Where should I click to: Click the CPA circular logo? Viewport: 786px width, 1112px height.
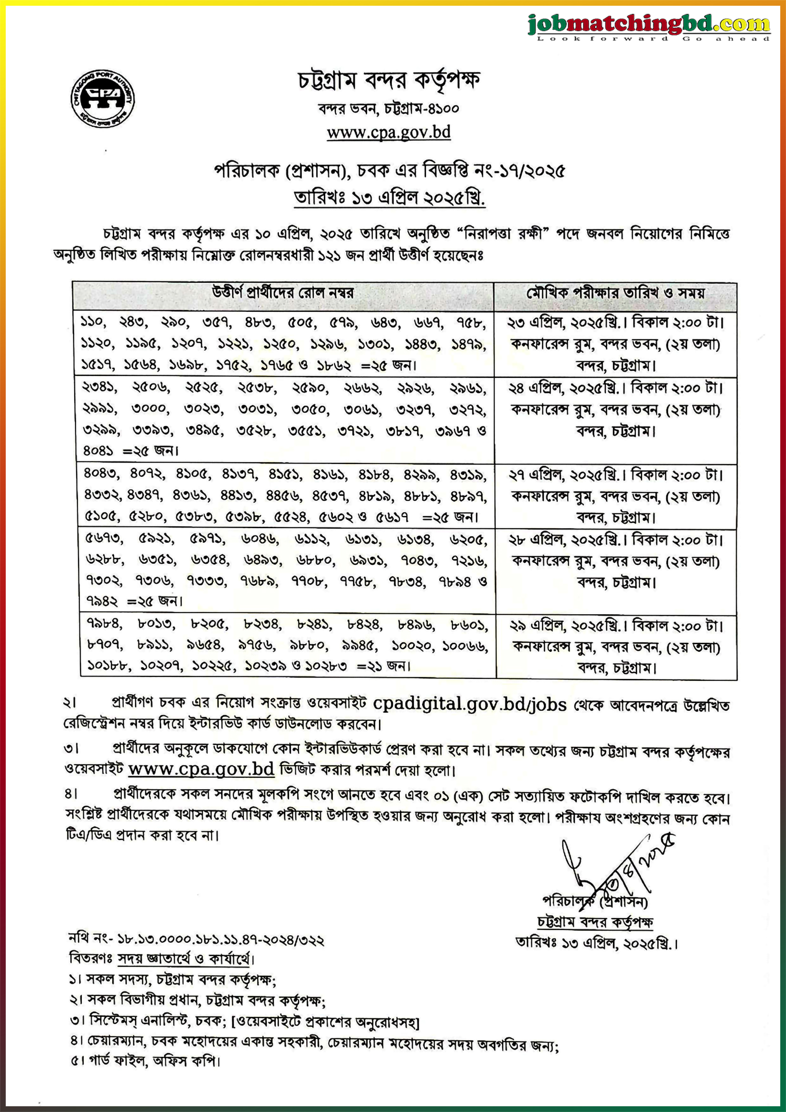[102, 99]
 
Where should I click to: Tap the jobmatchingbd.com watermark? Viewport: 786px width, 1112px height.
[649, 25]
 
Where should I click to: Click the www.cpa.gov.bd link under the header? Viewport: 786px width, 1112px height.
[388, 132]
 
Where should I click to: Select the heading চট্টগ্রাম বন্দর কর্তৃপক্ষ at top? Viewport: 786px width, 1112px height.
[388, 80]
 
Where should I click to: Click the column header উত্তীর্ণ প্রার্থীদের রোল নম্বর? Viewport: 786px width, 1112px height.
[283, 293]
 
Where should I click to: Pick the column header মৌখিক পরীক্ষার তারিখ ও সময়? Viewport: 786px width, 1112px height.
[615, 293]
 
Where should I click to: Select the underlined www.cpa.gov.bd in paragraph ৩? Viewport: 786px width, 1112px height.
[201, 769]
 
